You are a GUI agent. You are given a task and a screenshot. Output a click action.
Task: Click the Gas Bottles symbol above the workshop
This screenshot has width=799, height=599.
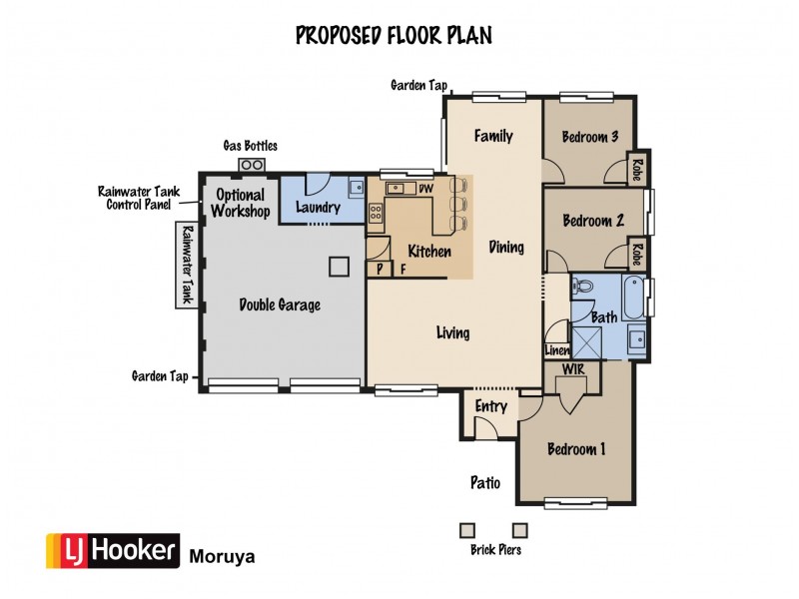(x=251, y=165)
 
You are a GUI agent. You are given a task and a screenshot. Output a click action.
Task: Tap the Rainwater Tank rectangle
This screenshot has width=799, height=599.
(x=186, y=264)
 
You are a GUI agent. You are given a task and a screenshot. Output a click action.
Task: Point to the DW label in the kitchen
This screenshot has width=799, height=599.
(x=424, y=189)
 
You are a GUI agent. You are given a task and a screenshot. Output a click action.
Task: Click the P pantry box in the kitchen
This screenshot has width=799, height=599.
(x=381, y=269)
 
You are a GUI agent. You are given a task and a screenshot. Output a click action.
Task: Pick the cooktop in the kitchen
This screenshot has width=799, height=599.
(x=377, y=213)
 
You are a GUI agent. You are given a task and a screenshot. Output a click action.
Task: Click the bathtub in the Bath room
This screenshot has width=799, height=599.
(x=632, y=298)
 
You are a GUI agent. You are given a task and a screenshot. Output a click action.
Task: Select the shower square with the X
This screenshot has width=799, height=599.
(x=588, y=342)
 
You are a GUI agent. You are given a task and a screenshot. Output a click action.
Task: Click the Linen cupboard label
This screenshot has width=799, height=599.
(x=556, y=350)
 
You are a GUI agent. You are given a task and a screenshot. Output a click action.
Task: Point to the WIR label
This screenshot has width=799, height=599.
(x=573, y=370)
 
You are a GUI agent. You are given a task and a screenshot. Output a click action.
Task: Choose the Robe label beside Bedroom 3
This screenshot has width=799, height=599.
(x=635, y=171)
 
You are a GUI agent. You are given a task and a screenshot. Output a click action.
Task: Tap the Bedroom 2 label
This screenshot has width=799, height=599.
(x=593, y=221)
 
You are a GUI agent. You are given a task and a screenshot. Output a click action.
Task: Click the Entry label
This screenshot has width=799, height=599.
(x=491, y=406)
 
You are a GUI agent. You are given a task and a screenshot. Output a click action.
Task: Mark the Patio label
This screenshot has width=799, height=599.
(x=484, y=483)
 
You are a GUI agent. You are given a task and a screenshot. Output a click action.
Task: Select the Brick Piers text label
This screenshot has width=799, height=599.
(x=495, y=550)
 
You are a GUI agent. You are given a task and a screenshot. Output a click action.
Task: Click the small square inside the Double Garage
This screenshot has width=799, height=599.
(x=340, y=266)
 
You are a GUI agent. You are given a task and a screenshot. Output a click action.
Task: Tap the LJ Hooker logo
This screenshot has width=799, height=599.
(x=112, y=551)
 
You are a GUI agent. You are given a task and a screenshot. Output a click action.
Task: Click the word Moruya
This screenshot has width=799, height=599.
(x=222, y=556)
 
